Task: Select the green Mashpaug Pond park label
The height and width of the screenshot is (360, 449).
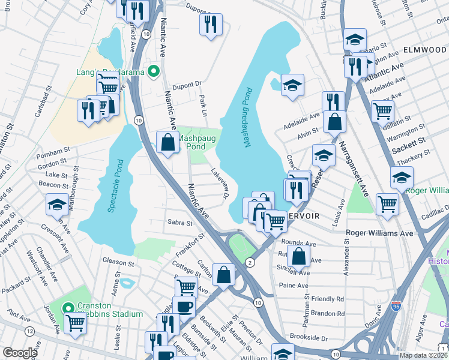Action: point(191,142)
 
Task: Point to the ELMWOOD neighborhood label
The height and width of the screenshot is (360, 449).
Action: point(426,49)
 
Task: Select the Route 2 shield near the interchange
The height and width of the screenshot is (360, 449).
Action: point(249,262)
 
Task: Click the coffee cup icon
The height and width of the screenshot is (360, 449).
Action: point(184,306)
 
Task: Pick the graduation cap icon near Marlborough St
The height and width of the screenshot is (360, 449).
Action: point(57,205)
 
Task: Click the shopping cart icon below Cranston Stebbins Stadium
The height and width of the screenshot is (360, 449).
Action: point(76,323)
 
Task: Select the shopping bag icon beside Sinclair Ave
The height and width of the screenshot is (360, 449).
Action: point(298,256)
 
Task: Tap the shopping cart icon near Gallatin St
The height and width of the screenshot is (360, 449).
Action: point(382,110)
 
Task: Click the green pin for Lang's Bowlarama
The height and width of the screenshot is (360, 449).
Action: point(154,72)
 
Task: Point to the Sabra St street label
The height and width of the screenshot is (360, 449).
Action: point(179,223)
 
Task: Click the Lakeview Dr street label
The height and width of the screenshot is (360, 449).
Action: point(221,184)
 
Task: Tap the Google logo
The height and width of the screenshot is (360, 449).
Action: point(20,352)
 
